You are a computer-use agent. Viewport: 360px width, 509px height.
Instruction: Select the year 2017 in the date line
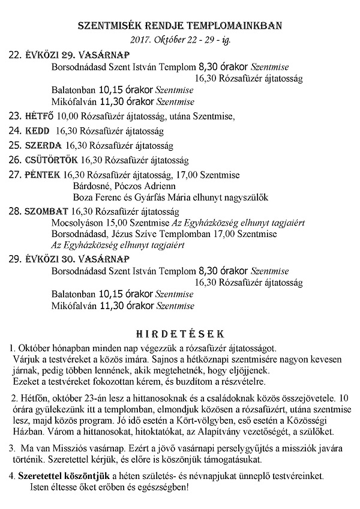point(140,41)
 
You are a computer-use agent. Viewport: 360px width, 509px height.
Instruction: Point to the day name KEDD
point(37,130)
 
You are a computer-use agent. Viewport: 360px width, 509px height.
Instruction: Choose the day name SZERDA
point(43,145)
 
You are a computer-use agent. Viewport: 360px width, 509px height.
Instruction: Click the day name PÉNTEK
point(43,175)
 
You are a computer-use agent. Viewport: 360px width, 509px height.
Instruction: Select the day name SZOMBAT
point(46,211)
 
